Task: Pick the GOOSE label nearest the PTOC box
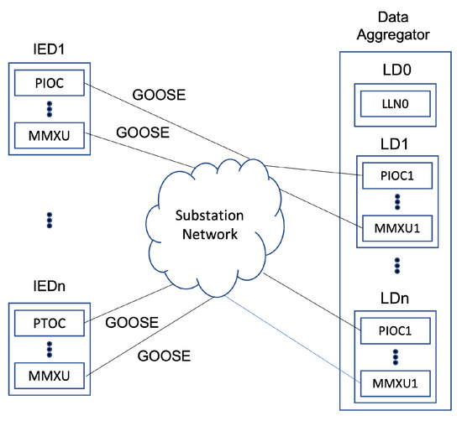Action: click(x=132, y=321)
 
